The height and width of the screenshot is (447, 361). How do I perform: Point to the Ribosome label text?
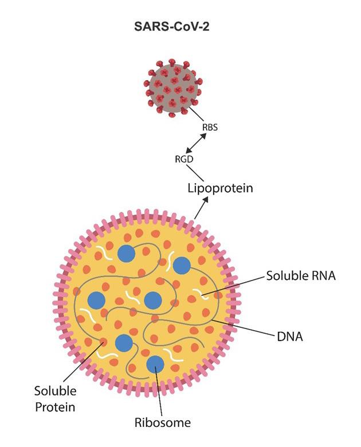pos(163,423)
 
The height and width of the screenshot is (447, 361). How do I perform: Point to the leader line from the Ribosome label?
pos(160,395)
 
